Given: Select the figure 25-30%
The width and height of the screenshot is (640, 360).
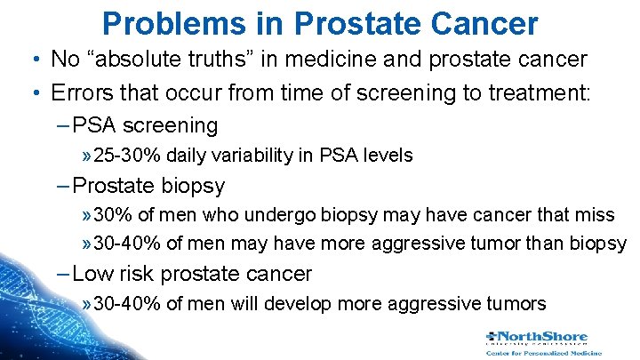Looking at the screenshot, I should click(128, 156).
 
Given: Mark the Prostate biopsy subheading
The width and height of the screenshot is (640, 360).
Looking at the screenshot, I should click(148, 186).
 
